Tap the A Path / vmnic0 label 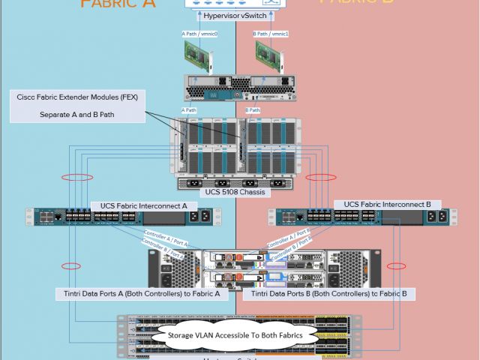[199, 34]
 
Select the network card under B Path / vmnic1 [272, 55]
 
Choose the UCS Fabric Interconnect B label [376, 205]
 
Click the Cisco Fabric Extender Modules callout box [78, 106]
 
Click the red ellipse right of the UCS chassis [320, 178]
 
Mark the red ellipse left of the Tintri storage [72, 266]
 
